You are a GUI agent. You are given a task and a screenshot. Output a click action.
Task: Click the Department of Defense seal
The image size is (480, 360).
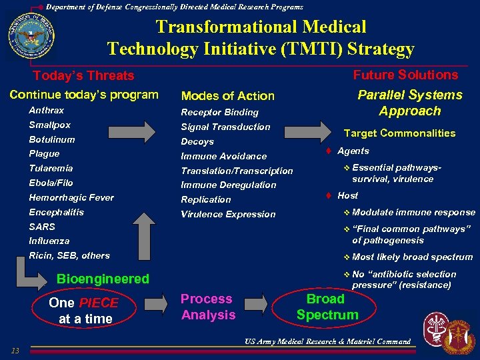(x=30, y=37)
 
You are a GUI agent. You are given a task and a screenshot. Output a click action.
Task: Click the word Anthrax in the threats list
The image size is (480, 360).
(x=47, y=111)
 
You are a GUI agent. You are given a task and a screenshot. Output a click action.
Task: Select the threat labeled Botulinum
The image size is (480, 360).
(x=52, y=140)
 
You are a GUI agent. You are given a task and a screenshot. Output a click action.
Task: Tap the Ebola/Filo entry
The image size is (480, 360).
(x=51, y=183)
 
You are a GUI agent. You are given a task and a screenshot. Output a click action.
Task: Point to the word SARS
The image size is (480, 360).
(x=42, y=227)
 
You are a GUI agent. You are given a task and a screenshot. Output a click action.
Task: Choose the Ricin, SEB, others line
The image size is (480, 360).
(x=69, y=255)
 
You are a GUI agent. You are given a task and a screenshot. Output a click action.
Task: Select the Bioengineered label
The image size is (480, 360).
(x=103, y=279)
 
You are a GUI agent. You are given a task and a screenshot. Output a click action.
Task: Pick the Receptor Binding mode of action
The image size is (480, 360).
(x=219, y=112)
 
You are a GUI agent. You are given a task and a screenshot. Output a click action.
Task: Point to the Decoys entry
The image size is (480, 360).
(x=197, y=141)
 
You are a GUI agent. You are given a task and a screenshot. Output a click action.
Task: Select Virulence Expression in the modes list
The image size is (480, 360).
(x=228, y=214)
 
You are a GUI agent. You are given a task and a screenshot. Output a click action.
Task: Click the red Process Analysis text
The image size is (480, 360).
(x=208, y=307)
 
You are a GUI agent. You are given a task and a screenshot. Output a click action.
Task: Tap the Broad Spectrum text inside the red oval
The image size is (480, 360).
(x=327, y=307)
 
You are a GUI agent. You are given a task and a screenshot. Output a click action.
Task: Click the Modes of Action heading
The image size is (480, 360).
(x=227, y=96)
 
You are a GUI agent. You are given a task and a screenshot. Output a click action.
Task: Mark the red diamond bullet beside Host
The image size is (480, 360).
(x=329, y=195)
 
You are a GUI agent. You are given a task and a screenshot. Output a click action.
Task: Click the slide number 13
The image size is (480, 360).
(x=15, y=351)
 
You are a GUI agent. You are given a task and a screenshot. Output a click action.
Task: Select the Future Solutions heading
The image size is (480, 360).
(x=405, y=75)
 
